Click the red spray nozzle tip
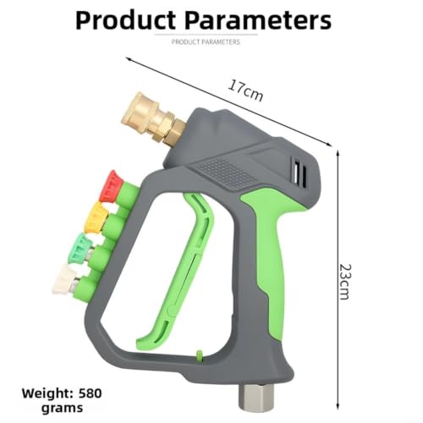pos(112,186)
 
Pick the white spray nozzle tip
pos(64,279)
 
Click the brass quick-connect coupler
pos(153,118)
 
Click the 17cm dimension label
pos(245,91)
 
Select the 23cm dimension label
pos(344,282)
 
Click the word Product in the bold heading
pos(126,20)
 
